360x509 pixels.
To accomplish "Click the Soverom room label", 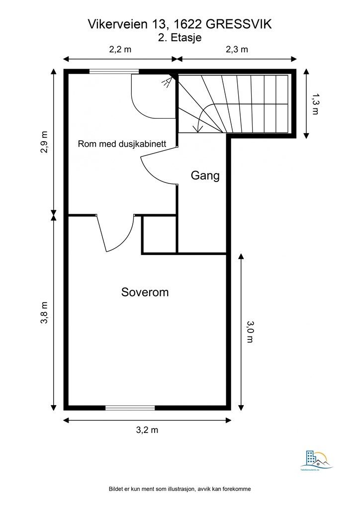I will click(145, 292).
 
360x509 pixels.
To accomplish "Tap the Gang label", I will click(205, 175).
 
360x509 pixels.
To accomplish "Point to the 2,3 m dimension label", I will click(237, 49).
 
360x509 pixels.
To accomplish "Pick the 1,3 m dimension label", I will click(315, 104).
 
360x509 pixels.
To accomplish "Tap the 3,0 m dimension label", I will click(250, 332).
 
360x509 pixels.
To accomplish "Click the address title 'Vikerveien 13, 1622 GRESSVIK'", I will click(180, 23).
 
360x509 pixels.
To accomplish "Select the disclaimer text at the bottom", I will click(180, 489).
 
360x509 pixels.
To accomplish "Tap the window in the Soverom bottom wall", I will click(130, 408).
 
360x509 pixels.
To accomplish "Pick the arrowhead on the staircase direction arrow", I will click(199, 130).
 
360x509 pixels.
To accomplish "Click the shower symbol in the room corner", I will click(168, 83).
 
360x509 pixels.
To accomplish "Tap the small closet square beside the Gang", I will click(159, 235).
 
